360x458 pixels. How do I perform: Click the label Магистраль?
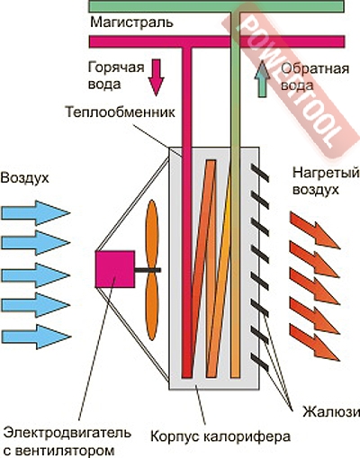coord(131,22)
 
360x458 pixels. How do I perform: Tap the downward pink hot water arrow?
coord(156,77)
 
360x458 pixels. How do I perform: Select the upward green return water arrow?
coord(262,78)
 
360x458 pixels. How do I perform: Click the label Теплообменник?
coord(120,112)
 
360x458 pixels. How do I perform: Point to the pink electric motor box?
coord(115,269)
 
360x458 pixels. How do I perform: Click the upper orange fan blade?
coord(152,234)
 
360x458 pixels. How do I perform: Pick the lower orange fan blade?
coord(152,305)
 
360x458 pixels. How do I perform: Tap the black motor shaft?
coord(148,270)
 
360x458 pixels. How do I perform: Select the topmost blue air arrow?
coord(36,213)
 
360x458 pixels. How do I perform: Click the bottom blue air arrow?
coord(36,337)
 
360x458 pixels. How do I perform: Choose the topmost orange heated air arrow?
coord(315,230)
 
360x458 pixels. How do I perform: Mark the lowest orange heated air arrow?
coord(315,343)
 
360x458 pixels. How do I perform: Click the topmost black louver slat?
coord(260,173)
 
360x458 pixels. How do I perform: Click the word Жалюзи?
coord(330,412)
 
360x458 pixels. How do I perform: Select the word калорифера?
coord(247,436)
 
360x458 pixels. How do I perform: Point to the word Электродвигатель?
coord(67,433)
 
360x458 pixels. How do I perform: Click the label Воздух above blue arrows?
coord(24,178)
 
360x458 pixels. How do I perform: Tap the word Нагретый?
coord(326,173)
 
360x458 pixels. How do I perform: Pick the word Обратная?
coord(315,69)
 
